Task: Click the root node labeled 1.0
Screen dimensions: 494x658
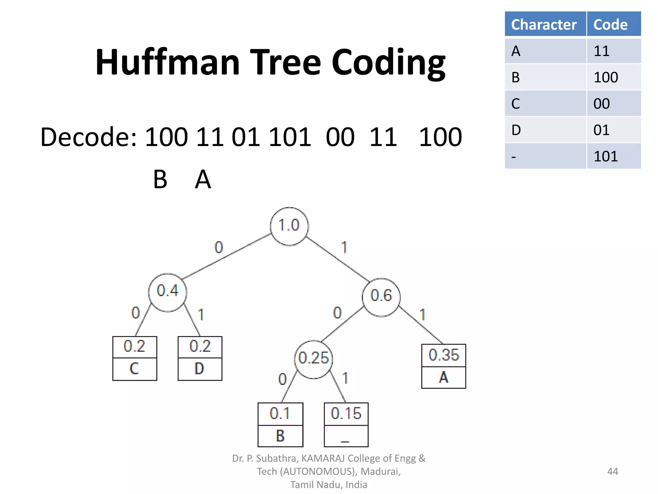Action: (x=289, y=226)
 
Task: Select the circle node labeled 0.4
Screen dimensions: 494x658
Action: (x=167, y=292)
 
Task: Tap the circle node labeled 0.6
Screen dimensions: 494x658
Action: (x=381, y=297)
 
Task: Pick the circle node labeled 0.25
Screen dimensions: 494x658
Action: (x=314, y=359)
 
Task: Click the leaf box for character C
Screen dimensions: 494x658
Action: (x=135, y=358)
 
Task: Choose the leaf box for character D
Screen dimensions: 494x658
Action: (x=200, y=358)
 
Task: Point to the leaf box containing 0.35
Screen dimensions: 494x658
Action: (x=443, y=366)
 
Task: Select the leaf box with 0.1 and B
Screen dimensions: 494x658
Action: (x=280, y=425)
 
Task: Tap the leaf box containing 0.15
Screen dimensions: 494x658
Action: (x=346, y=425)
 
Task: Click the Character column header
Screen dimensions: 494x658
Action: (x=545, y=24)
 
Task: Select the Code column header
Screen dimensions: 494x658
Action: (x=613, y=24)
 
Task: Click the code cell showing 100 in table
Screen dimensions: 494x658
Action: (x=613, y=77)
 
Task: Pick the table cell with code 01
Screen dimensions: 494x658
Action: (x=613, y=130)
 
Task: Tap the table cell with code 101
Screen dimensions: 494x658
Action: (x=613, y=156)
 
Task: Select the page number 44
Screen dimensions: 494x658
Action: (x=612, y=471)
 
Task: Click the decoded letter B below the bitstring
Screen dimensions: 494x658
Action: (x=160, y=179)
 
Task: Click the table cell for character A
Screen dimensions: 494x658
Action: (x=545, y=51)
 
